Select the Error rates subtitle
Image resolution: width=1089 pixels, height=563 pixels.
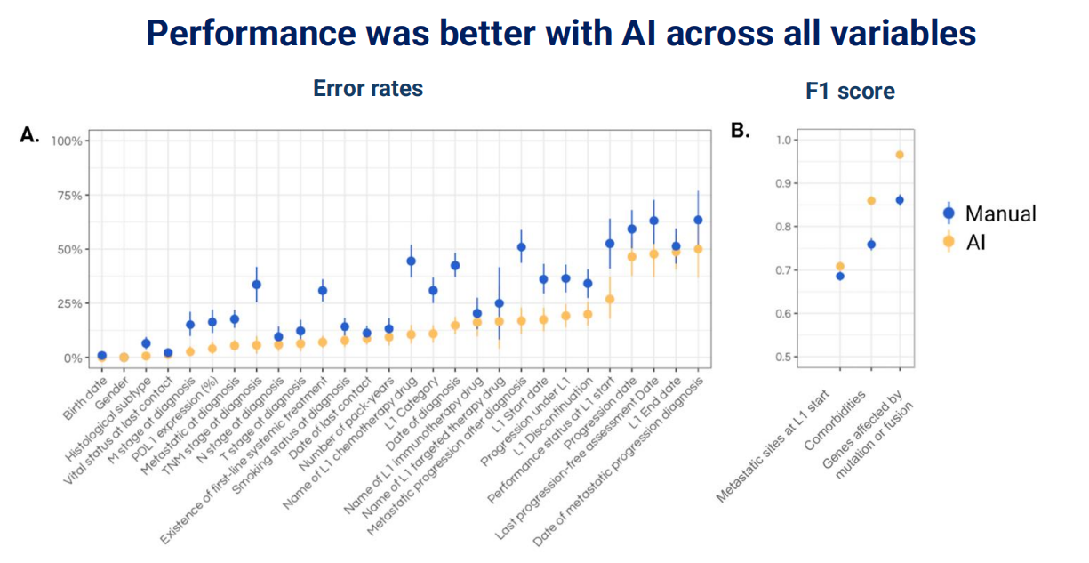click(x=368, y=89)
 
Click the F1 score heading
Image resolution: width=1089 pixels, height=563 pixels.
click(x=850, y=91)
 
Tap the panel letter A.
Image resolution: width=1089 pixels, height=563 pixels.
click(x=29, y=135)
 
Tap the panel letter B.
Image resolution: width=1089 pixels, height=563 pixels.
click(x=740, y=131)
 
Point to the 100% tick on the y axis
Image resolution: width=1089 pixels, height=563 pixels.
click(x=68, y=141)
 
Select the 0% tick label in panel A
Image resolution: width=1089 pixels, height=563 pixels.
click(x=74, y=358)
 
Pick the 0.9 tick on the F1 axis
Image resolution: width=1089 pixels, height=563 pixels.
click(x=783, y=183)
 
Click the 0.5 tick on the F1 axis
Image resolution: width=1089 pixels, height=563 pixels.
click(x=783, y=358)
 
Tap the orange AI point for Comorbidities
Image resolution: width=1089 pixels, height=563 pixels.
click(x=871, y=201)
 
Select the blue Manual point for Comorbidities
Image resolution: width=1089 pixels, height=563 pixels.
click(x=871, y=245)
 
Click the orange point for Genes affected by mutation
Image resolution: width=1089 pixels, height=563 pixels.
click(x=900, y=155)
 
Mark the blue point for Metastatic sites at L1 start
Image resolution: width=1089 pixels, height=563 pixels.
click(x=840, y=276)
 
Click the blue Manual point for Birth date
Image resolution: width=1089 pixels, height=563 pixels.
click(x=102, y=356)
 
